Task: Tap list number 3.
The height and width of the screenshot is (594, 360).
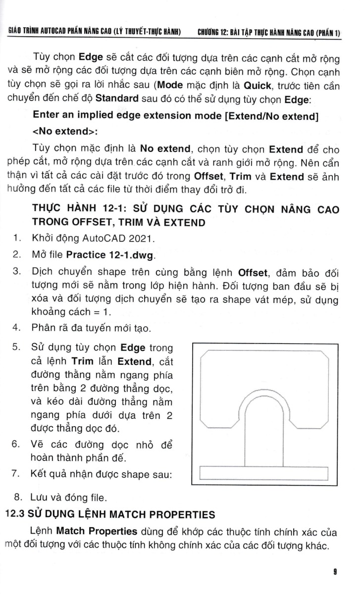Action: click(x=16, y=272)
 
